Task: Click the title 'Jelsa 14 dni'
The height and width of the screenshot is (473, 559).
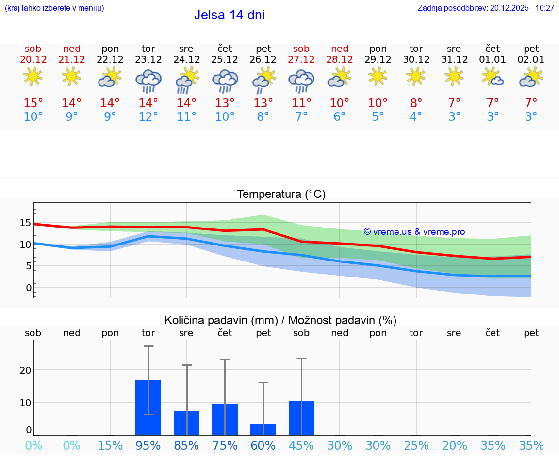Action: point(229,15)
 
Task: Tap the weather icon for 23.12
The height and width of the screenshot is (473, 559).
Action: point(148,81)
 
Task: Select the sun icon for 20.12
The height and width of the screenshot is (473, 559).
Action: point(33,76)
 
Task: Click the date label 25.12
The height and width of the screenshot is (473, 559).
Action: point(225,60)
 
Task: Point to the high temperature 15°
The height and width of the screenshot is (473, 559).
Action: point(33,103)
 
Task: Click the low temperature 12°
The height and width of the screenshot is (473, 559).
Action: point(148,117)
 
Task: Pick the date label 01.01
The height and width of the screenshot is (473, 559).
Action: point(493,60)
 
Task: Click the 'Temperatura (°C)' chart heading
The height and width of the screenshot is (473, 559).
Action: point(281,195)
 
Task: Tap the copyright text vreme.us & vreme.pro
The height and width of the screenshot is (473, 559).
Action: point(414,232)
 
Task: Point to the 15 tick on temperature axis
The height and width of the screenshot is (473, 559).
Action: point(25,223)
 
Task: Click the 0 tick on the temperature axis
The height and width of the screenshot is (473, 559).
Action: point(29,288)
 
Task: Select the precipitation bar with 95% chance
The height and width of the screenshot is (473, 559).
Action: point(148,408)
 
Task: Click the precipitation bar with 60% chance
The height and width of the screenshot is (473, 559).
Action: point(263,429)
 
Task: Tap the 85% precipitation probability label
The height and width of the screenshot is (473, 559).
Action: point(186,446)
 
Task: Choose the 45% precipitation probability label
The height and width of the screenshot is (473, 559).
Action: point(301,446)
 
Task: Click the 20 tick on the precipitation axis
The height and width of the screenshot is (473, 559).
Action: point(25,370)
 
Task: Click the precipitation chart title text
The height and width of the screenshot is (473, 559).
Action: point(280,320)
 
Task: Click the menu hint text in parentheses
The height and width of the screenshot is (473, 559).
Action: point(54,8)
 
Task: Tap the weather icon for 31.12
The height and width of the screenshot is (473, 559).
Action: point(454,76)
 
